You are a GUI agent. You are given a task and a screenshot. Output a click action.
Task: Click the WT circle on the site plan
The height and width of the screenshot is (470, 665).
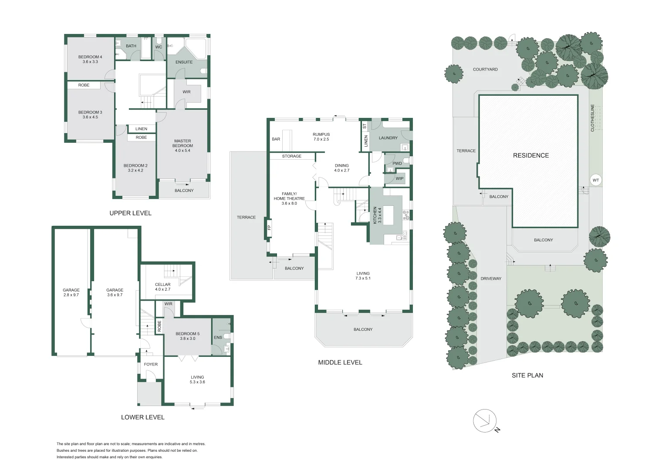coord(595,180)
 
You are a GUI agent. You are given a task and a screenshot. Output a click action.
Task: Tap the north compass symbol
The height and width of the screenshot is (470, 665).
coord(485,421)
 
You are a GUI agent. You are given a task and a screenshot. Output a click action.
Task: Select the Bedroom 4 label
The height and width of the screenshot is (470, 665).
coord(90,59)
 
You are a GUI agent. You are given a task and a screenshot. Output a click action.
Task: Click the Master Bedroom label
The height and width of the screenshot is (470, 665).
coord(182,146)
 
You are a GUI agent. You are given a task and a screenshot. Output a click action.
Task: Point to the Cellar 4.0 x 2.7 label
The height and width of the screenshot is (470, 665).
coord(162,287)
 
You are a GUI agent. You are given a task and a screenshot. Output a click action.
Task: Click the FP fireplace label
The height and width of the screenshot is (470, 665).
coord(269,227)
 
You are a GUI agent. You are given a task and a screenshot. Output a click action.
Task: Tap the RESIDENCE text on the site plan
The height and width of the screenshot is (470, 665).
coord(530,155)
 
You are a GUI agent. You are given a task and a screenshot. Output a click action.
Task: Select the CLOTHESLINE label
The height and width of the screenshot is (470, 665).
coord(592,117)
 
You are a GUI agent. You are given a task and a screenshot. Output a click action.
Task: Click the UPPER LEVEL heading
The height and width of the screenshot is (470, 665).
coord(130,213)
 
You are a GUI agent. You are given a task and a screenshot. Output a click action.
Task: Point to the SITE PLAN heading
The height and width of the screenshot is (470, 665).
coord(527,375)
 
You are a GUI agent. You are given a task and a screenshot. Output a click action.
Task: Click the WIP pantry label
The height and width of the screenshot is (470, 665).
coord(399,178)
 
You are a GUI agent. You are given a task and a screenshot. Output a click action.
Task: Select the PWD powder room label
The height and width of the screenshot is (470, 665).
coord(397,164)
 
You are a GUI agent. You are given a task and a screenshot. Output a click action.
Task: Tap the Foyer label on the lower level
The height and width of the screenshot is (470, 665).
coord(151,364)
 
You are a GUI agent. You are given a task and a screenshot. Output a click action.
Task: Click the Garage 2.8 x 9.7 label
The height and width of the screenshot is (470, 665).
coord(71,292)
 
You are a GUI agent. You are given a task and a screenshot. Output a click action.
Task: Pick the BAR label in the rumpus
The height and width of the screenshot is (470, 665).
coord(276,139)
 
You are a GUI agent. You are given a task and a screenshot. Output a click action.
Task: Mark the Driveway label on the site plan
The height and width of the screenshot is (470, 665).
coord(491,279)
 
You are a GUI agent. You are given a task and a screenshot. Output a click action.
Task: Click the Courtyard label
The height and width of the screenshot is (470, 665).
coord(485,70)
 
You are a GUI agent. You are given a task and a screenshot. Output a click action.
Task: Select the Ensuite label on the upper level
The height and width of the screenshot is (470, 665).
coord(184,62)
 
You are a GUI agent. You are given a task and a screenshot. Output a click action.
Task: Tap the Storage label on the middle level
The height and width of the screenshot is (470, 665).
coord(291,156)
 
